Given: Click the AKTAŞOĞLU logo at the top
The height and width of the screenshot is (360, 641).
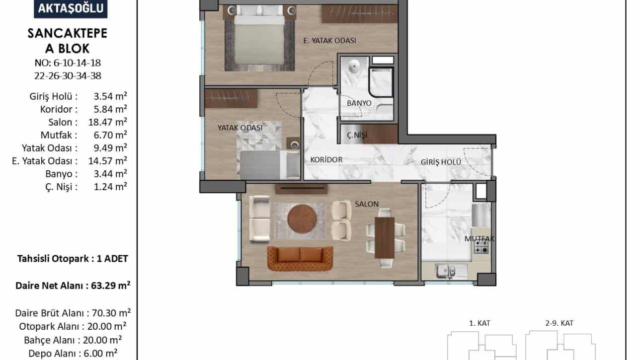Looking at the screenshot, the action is coord(71,8).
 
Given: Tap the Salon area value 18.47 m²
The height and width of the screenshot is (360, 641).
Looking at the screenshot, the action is coord(108,122).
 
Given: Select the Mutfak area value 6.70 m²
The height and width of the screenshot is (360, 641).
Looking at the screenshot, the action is coord(110,135).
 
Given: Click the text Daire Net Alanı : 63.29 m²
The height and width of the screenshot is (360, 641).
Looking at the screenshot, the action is coord(73,286).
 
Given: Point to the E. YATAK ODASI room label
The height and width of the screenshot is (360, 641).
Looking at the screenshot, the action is coord(329,41).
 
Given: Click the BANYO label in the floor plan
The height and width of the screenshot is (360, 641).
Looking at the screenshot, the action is coord(359,103).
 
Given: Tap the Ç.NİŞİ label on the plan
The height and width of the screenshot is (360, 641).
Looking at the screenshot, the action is coord(357,135).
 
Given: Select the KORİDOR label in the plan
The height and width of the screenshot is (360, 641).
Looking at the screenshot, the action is coord(326,159).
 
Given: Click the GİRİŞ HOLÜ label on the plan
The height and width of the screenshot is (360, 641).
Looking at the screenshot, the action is coord(441,162).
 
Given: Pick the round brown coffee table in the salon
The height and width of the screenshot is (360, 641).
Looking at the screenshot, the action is coord(302,219).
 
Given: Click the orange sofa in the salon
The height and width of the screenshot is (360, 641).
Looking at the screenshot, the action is coord(300,259).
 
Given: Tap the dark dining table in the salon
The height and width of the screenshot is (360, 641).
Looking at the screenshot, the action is coord(385,238).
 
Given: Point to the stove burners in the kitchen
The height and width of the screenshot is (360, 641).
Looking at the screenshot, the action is coord(481,247).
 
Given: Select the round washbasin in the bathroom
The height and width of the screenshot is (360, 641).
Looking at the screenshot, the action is coord(354,67).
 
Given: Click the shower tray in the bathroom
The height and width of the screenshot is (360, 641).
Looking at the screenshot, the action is coord(380,82).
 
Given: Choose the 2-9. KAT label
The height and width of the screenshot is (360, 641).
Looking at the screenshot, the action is coord(559,323).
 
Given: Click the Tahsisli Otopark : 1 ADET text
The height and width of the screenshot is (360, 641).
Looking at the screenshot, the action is coord(73,259).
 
